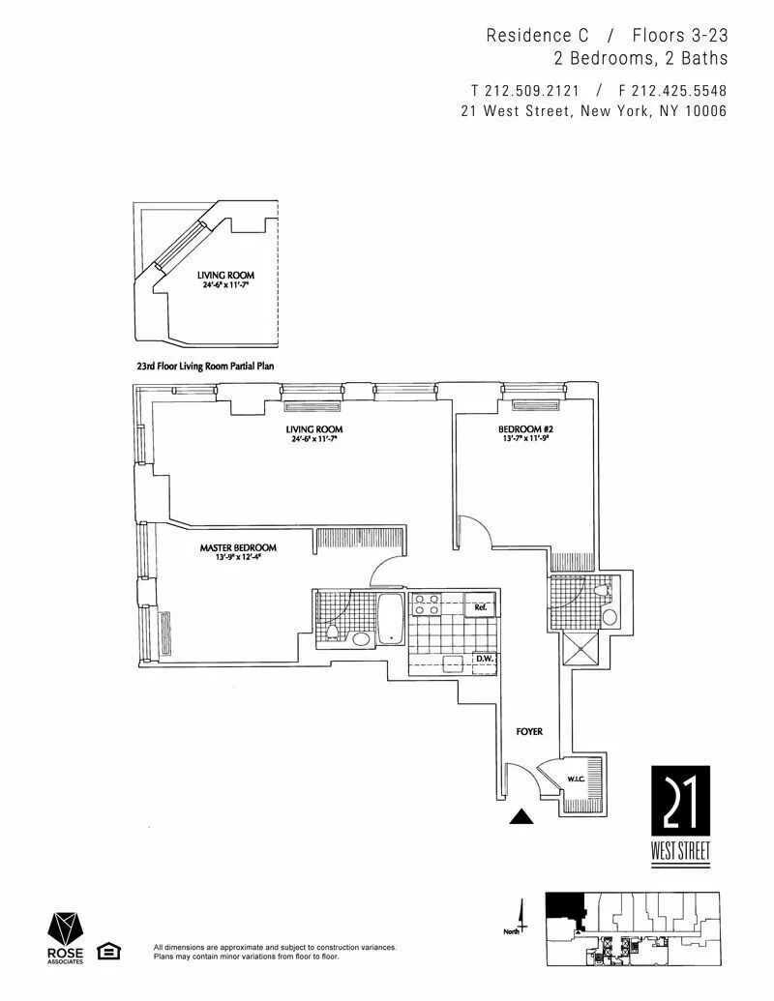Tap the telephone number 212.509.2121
[x=527, y=91]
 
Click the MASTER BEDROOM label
[x=238, y=547]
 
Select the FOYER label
[x=527, y=733]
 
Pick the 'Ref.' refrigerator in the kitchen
[x=481, y=606]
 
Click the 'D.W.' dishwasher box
[x=483, y=661]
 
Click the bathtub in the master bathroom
[x=390, y=620]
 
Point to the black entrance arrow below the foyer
[x=521, y=817]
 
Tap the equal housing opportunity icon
[x=109, y=951]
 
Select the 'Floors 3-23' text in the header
[x=679, y=36]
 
